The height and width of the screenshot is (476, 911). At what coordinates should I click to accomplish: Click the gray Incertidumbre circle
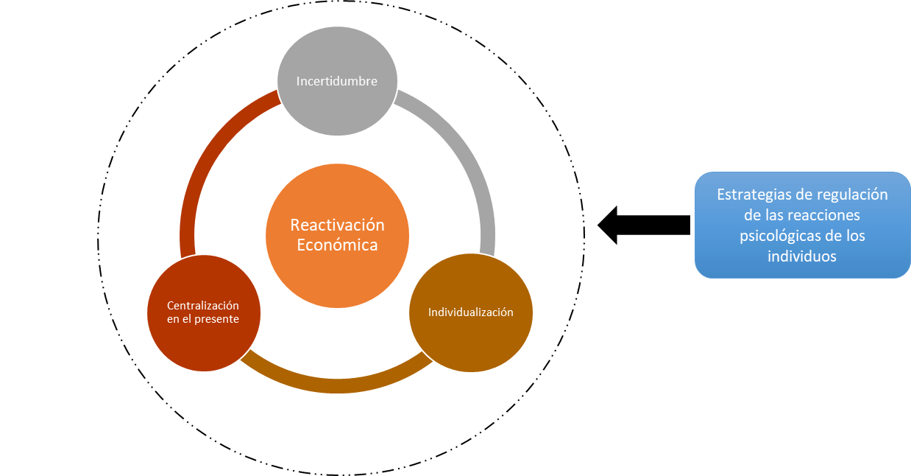337,103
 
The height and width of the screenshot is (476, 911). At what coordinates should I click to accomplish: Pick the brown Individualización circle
471,339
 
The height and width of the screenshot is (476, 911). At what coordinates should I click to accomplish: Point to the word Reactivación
337,225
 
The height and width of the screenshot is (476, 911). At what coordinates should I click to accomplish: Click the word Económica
337,245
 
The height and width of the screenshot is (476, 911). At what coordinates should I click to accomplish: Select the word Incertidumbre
337,81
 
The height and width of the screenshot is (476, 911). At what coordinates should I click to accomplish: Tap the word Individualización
471,312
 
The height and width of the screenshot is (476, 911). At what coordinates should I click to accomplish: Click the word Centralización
203,306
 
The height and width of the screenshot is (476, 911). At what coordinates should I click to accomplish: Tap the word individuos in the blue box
802,256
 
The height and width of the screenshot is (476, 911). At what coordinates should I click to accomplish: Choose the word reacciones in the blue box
823,215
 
